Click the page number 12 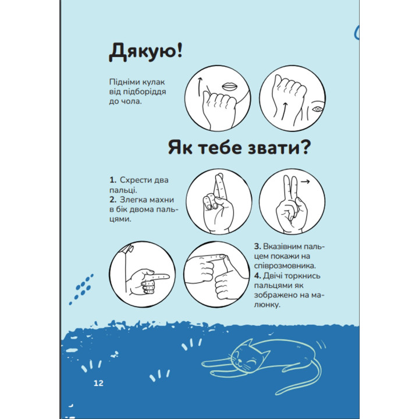[x=97, y=384]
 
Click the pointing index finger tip [x=166, y=275]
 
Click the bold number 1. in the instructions [x=112, y=180]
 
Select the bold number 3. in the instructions [x=257, y=247]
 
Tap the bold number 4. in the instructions [x=257, y=274]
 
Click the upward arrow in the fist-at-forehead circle [x=284, y=105]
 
